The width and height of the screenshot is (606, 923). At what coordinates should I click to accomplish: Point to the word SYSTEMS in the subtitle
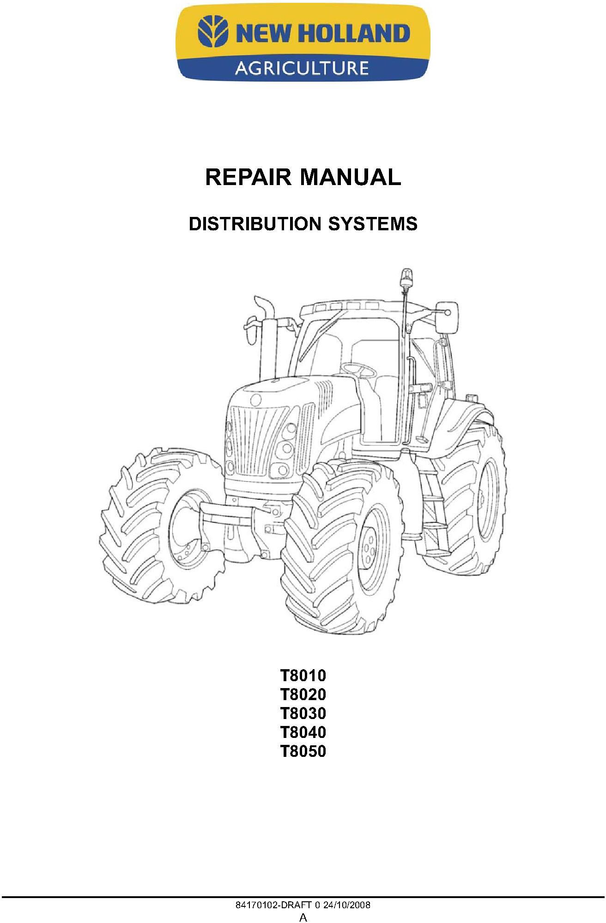[373, 224]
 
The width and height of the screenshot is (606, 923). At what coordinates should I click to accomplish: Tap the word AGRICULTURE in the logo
[302, 68]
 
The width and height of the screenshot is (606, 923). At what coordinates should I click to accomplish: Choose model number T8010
[303, 676]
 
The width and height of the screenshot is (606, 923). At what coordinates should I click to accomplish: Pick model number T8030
[303, 713]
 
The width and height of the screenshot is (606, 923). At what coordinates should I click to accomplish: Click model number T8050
[303, 751]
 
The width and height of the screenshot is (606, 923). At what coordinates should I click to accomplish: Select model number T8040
[303, 732]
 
